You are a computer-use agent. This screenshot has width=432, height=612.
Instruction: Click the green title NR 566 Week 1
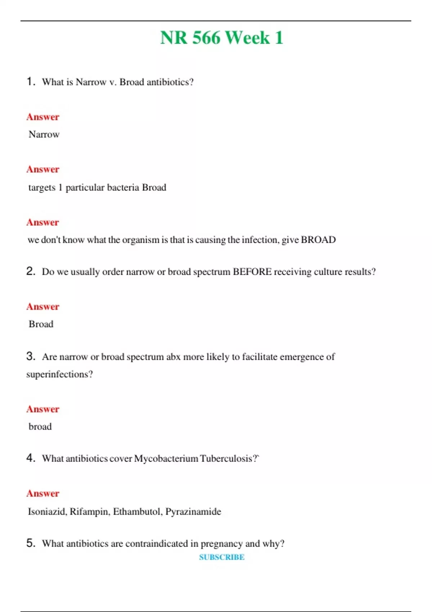pos(221,38)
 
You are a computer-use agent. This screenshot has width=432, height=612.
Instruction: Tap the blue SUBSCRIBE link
pos(222,557)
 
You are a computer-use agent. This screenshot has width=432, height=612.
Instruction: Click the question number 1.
pos(31,82)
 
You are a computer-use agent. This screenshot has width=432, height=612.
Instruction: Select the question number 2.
pos(31,271)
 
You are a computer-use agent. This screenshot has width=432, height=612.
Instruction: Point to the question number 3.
pos(31,356)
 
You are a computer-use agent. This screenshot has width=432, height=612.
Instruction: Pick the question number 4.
pos(31,458)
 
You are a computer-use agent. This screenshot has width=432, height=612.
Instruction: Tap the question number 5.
pos(31,543)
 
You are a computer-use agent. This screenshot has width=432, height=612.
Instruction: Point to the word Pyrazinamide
pos(193,512)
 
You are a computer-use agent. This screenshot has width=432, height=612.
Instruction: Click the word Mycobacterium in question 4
pos(166,459)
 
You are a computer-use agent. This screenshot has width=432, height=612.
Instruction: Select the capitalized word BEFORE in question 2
pos(252,272)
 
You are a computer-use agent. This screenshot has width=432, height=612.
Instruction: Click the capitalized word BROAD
pos(318,240)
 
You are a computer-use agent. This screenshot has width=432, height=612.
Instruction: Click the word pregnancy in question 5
pos(221,544)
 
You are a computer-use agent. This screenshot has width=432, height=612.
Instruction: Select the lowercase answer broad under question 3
pos(40,427)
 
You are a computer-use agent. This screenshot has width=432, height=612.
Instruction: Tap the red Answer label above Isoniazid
pos(42,494)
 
